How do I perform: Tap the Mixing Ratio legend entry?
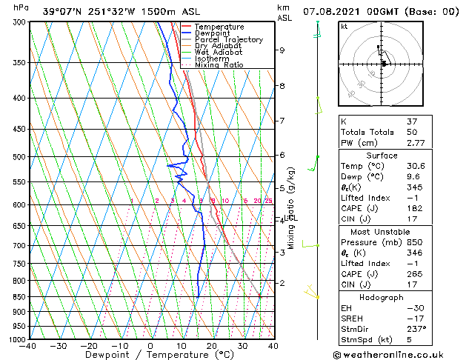tap(219, 64)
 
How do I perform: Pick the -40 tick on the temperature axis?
tap(28, 346)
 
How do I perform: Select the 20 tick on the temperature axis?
tap(211, 346)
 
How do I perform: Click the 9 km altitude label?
tap(282, 50)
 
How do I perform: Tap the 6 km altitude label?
tap(282, 155)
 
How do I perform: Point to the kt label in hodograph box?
tap(344, 27)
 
